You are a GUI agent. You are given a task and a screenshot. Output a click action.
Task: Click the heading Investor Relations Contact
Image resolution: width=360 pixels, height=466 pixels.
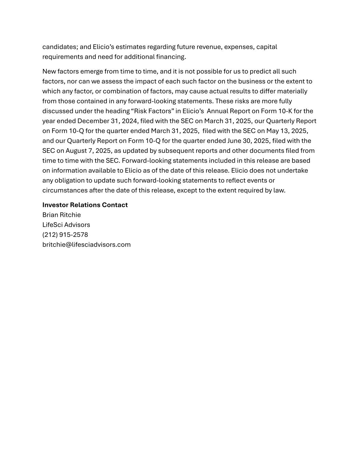pyautogui.click(x=85, y=205)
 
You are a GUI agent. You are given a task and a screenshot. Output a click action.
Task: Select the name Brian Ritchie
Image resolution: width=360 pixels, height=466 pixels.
pyautogui.click(x=61, y=215)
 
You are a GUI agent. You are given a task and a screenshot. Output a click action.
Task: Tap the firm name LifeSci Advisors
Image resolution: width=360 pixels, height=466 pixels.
pyautogui.click(x=66, y=225)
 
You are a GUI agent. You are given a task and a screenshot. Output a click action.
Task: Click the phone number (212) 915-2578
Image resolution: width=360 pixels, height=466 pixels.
pyautogui.click(x=65, y=235)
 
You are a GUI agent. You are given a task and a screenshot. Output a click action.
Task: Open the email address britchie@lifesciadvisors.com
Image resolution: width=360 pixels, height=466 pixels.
pyautogui.click(x=86, y=244)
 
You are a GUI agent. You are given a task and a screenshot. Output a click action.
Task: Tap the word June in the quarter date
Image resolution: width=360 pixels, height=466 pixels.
pyautogui.click(x=234, y=141)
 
